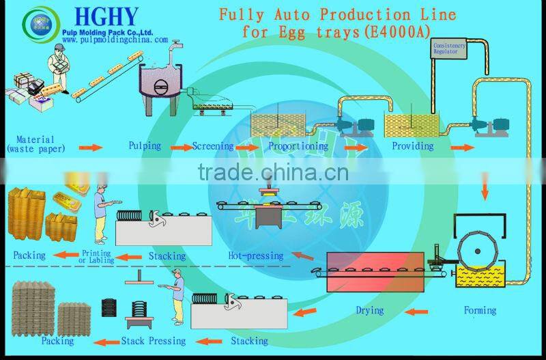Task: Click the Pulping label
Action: pos(145,146)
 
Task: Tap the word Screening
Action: pos(212,146)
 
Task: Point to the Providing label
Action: pos(412,146)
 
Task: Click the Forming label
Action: pos(480,310)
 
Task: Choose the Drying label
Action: pos(369,311)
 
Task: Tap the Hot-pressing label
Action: pos(255,256)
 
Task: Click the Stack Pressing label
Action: pos(153,340)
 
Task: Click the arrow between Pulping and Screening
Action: pos(180,147)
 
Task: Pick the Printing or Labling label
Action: pos(96,255)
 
